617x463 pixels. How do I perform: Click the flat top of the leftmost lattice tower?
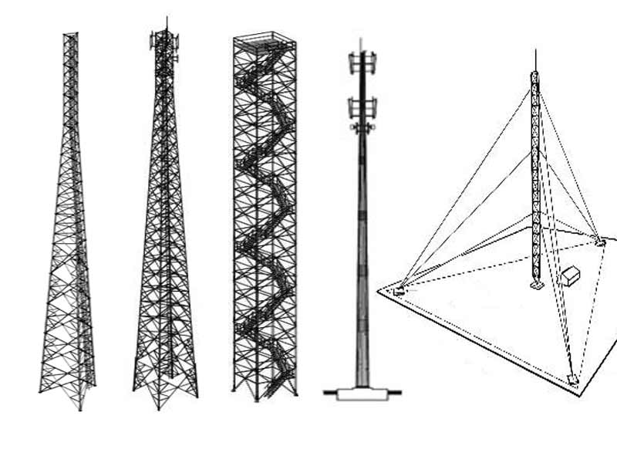(x=70, y=34)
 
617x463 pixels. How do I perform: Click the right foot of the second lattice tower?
(x=196, y=395)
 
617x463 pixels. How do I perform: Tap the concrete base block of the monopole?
(x=361, y=394)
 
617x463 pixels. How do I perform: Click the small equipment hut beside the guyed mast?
(x=571, y=277)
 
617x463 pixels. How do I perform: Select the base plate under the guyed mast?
(x=536, y=286)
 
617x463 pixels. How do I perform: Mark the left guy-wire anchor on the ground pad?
(x=400, y=291)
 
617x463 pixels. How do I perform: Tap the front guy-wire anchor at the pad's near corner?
(x=571, y=379)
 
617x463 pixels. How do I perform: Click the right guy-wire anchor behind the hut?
(x=601, y=242)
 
